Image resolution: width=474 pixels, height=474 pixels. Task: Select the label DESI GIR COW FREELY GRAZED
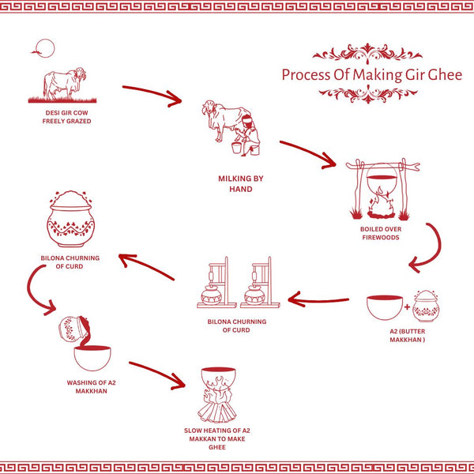pos(68,117)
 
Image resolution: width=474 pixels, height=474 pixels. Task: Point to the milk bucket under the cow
pos(235,147)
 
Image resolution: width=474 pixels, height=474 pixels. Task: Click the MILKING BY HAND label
pos(241,184)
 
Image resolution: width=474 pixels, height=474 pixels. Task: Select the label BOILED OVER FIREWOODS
pos(381,233)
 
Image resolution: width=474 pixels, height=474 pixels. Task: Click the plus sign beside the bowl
pos(406,305)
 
